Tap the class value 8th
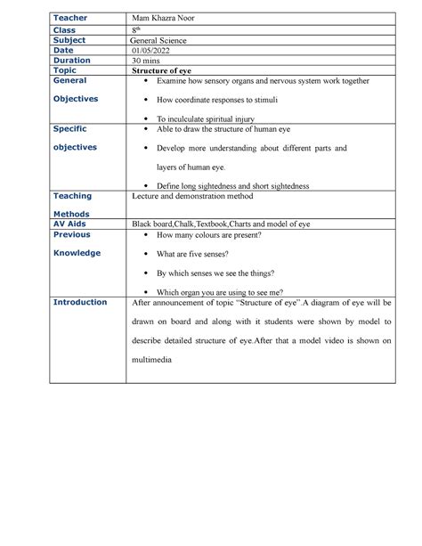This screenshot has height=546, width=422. pyautogui.click(x=135, y=29)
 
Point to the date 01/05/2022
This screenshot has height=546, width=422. pyautogui.click(x=153, y=51)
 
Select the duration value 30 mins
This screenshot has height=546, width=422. pyautogui.click(x=149, y=61)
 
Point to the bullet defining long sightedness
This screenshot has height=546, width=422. pyautogui.click(x=232, y=185)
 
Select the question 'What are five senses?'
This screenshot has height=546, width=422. pyautogui.click(x=201, y=254)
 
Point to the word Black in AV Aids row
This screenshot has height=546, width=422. pyautogui.click(x=142, y=224)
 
